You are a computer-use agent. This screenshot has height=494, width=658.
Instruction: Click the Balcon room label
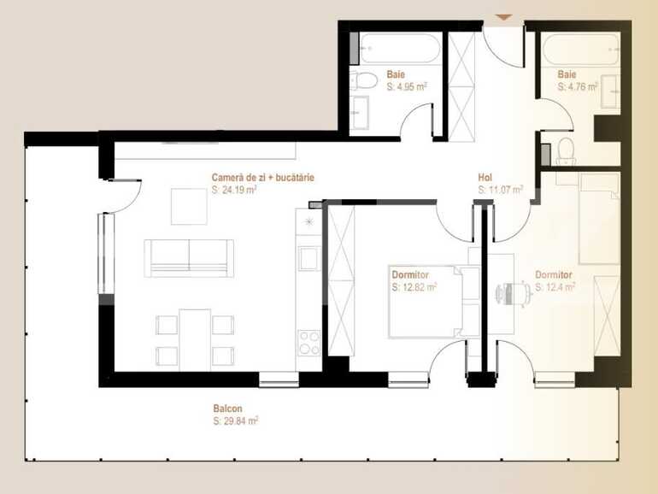tap(227, 409)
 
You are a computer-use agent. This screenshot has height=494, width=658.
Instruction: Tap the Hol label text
tap(485, 178)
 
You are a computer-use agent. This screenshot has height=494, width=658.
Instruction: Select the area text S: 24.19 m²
tap(234, 190)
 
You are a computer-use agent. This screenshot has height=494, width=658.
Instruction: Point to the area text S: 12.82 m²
tap(414, 287)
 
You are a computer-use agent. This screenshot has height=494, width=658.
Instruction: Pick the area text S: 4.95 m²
tap(407, 86)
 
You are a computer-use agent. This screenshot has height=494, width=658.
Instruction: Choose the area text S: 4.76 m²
tap(578, 86)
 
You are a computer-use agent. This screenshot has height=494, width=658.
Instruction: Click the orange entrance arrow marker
tap(504, 17)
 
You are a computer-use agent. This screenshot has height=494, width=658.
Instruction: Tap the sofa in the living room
tap(189, 257)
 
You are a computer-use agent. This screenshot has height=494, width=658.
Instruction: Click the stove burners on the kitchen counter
tap(308, 343)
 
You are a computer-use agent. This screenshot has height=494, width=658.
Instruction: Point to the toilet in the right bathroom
tap(565, 151)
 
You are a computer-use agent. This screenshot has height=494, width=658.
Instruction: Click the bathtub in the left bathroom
tap(399, 49)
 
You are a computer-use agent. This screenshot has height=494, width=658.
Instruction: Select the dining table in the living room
tap(195, 338)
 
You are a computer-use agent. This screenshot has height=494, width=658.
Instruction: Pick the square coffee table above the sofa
tap(189, 205)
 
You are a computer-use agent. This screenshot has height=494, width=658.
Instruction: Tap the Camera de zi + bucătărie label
tap(263, 178)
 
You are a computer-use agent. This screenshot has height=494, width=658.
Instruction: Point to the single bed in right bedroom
tap(598, 219)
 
